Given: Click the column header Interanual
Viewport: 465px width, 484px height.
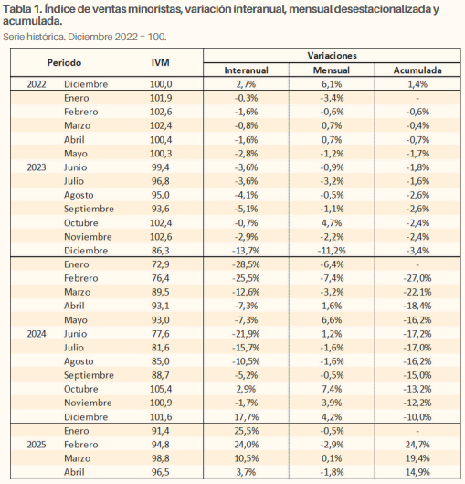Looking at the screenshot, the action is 246,70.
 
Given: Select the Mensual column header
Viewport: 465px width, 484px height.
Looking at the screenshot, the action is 332,70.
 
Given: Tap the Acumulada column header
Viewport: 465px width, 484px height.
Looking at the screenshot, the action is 417,70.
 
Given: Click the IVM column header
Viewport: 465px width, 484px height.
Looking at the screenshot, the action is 160,62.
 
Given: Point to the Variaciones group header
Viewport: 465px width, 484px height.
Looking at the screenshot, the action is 333,56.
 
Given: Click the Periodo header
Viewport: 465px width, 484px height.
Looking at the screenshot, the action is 64,62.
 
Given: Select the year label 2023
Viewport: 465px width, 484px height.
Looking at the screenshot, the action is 37,167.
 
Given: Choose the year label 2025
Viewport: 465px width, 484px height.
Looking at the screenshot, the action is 37,445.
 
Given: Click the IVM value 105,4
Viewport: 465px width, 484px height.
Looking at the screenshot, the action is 161,389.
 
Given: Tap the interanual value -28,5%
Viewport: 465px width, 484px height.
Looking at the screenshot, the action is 246,264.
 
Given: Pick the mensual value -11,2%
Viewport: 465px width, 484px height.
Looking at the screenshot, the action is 332,251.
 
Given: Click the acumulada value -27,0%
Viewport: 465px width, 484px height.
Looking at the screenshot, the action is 417,278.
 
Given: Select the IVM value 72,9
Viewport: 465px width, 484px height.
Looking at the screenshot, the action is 161,264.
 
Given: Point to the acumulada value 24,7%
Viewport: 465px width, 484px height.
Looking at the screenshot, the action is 417,445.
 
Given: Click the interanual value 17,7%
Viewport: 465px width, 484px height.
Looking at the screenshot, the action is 247,417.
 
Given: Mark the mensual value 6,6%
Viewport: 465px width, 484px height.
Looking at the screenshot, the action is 332,320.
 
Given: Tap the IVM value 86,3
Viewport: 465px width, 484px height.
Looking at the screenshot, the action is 161,251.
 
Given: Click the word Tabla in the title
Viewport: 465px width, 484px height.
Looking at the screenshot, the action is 16,9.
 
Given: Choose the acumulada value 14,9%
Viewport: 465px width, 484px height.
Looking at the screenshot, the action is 417,472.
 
